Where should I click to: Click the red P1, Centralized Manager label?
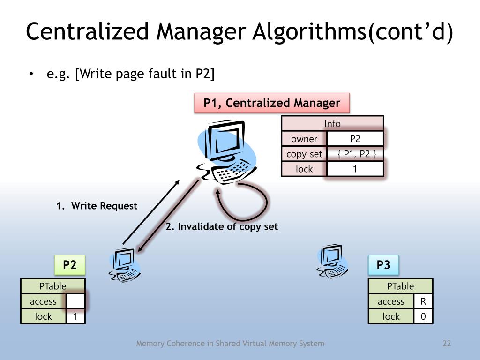(x=272, y=103)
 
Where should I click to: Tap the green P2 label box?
(x=70, y=265)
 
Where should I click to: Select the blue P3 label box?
(x=383, y=265)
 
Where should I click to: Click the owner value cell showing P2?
(x=355, y=139)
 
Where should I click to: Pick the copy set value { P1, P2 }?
(x=355, y=154)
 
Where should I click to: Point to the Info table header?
(x=332, y=124)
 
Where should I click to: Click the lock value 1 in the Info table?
(x=355, y=169)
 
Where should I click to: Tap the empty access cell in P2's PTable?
(x=75, y=301)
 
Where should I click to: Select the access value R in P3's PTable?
(x=423, y=301)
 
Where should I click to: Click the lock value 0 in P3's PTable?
(x=423, y=317)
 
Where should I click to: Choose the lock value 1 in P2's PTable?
(x=75, y=317)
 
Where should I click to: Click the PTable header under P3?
(x=400, y=286)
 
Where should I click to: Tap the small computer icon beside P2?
(x=125, y=265)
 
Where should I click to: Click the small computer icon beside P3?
(x=333, y=261)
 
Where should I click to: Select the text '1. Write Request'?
(x=97, y=206)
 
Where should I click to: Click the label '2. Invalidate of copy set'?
(x=222, y=227)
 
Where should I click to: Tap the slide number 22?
(x=446, y=344)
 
